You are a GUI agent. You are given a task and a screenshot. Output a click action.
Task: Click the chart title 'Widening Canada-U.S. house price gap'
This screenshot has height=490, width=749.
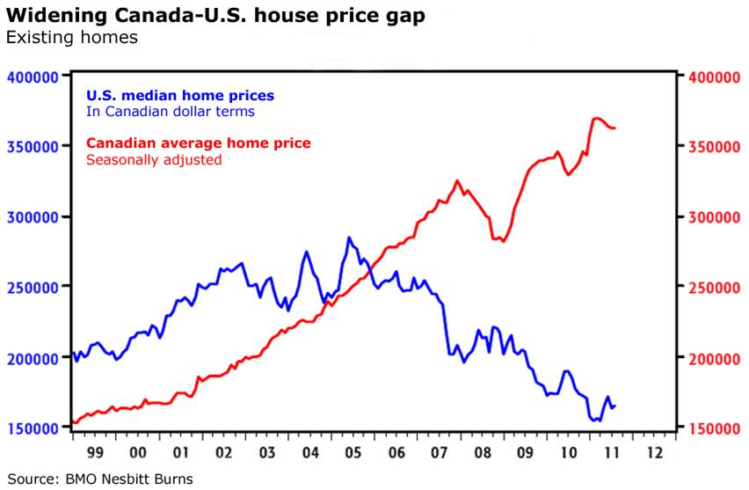coord(216,16)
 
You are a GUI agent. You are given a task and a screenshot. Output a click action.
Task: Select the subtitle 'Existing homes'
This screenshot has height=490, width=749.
coord(71,38)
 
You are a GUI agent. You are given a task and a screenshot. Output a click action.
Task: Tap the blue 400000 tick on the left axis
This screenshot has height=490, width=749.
coord(33,76)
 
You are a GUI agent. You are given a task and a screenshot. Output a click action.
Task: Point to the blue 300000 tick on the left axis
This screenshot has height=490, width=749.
coord(33,216)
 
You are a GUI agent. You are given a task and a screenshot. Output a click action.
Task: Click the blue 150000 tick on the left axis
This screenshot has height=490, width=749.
coord(33,428)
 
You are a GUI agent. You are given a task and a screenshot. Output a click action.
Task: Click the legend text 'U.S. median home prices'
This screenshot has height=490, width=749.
coord(179,95)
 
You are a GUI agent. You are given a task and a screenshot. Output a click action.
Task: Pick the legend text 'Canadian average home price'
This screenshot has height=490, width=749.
coord(198,143)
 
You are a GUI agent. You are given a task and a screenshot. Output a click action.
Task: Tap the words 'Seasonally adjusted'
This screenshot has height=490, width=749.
coord(153,160)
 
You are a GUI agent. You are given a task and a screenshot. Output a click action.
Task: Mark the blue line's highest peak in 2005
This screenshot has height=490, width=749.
coord(349,238)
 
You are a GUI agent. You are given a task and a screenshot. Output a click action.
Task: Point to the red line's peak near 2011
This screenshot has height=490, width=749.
coord(597,118)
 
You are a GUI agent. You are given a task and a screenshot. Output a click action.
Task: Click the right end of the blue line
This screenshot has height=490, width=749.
coord(615,406)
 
